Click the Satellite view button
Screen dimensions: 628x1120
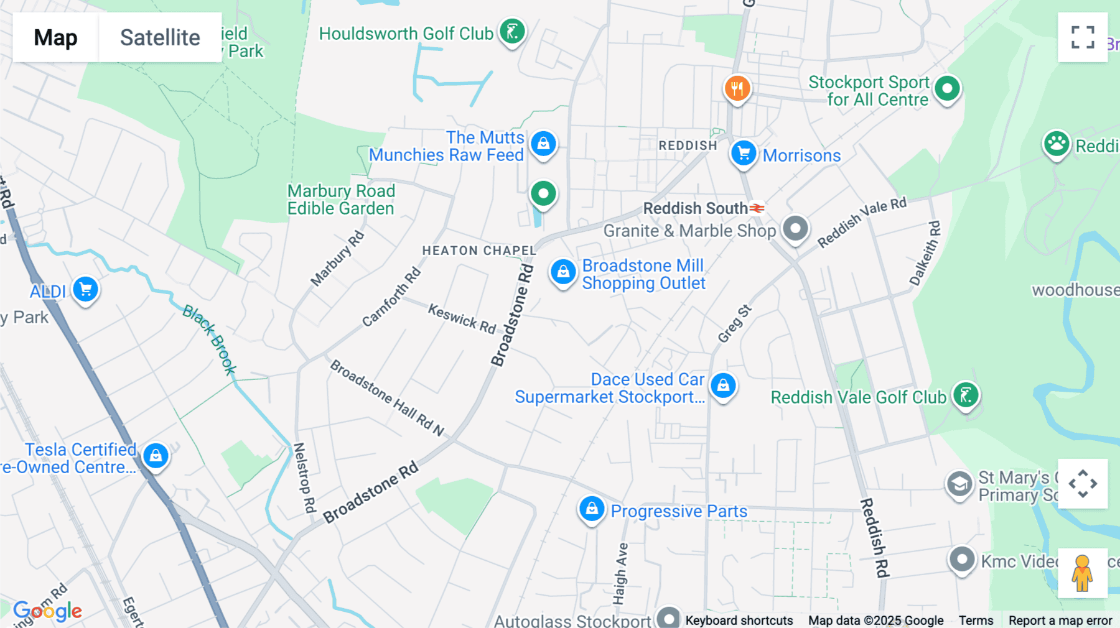pyautogui.click(x=160, y=37)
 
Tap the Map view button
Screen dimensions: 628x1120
pyautogui.click(x=55, y=37)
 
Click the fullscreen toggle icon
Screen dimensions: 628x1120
pyautogui.click(x=1082, y=37)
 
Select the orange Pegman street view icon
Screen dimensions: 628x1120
pyautogui.click(x=1082, y=572)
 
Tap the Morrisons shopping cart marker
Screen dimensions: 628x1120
pyautogui.click(x=743, y=153)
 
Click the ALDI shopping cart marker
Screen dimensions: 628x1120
pyautogui.click(x=85, y=290)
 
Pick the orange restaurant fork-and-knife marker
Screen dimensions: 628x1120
pyautogui.click(x=737, y=89)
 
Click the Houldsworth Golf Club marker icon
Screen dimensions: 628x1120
pyautogui.click(x=512, y=31)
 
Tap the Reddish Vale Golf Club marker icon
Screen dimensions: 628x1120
pyautogui.click(x=965, y=395)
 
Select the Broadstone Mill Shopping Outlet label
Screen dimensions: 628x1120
pyautogui.click(x=643, y=274)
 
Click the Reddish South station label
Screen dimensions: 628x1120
pyautogui.click(x=695, y=208)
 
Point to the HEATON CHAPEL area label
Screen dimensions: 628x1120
pyautogui.click(x=478, y=251)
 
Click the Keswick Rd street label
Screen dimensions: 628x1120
pyautogui.click(x=462, y=318)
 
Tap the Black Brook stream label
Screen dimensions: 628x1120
pyautogui.click(x=210, y=339)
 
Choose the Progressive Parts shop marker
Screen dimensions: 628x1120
pyautogui.click(x=592, y=509)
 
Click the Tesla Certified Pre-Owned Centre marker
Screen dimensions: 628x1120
pyautogui.click(x=156, y=456)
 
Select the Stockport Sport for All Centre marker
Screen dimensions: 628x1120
pyautogui.click(x=947, y=89)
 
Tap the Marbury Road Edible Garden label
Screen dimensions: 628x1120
pyautogui.click(x=341, y=200)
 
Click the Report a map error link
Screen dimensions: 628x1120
pyautogui.click(x=1060, y=620)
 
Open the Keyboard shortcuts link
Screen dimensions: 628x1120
pyautogui.click(x=739, y=620)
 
